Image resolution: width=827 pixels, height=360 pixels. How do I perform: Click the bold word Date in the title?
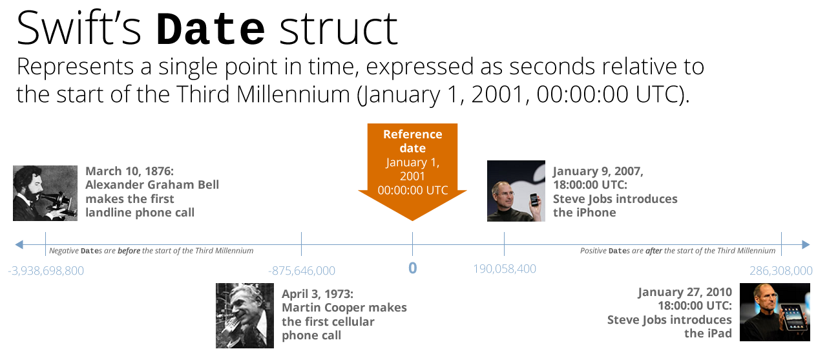(x=211, y=29)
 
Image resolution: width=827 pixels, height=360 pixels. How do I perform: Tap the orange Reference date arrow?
(x=412, y=172)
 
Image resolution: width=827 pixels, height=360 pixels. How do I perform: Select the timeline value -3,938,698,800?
(x=46, y=271)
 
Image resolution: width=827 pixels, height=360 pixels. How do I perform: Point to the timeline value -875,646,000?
(x=302, y=271)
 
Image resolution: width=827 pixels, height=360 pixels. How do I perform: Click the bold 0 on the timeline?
(x=412, y=268)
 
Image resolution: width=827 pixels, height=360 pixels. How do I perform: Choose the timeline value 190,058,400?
(x=505, y=269)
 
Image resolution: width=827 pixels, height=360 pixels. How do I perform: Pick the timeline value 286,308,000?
(x=781, y=271)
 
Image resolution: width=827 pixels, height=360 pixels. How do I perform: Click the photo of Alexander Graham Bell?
(x=45, y=193)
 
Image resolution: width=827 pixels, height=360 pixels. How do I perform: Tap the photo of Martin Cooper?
(x=245, y=315)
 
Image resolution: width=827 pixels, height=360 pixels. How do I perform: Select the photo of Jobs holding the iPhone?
(x=516, y=191)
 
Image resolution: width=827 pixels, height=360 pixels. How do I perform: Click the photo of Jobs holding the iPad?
(x=775, y=312)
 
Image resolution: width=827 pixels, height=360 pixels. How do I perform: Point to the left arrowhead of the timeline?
(x=19, y=244)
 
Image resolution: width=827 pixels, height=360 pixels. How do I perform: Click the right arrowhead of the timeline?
(x=806, y=244)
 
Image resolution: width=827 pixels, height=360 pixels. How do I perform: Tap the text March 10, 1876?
(x=130, y=171)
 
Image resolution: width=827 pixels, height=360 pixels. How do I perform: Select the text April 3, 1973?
(x=317, y=294)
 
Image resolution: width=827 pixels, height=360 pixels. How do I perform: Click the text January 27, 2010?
(x=685, y=292)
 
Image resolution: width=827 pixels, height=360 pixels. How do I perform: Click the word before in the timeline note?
(x=129, y=251)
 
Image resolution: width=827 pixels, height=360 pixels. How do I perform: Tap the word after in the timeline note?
(x=653, y=251)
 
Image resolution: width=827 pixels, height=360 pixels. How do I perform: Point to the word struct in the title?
(x=339, y=29)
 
